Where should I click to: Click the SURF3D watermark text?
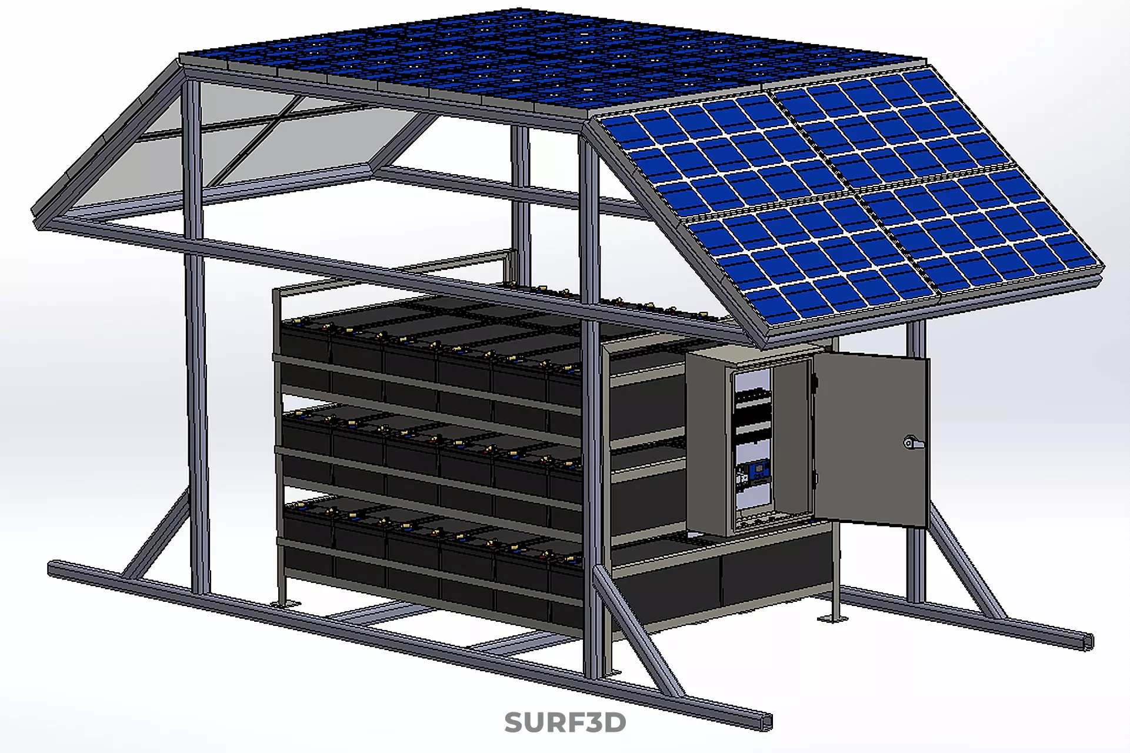pyautogui.click(x=565, y=722)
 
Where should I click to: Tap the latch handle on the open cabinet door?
pyautogui.click(x=912, y=443)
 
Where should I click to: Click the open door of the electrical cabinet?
pyautogui.click(x=871, y=438)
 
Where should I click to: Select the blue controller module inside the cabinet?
pyautogui.click(x=758, y=470)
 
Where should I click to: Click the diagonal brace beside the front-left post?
pyautogui.click(x=156, y=538)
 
